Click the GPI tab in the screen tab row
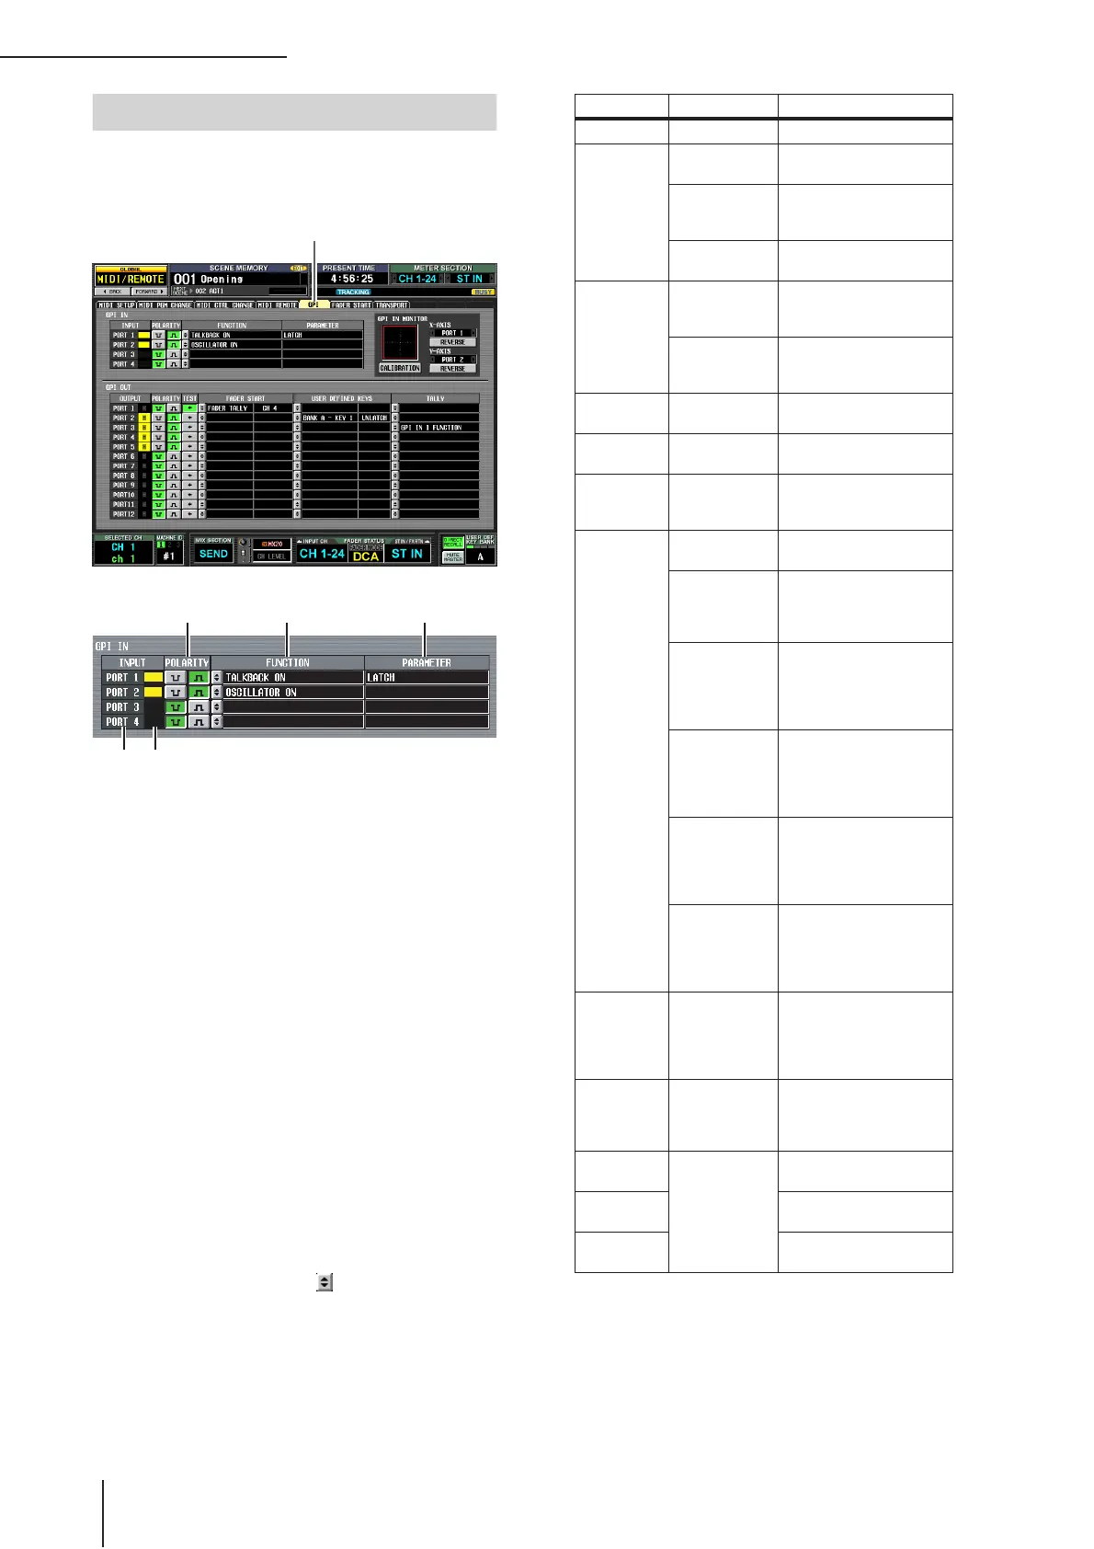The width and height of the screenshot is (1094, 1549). point(314,304)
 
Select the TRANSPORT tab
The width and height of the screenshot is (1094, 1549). point(392,304)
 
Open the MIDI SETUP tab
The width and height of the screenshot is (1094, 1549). point(116,304)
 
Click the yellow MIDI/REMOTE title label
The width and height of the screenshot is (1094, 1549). point(131,279)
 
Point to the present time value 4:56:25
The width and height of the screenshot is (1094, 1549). point(352,279)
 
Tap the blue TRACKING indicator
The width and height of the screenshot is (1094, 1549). point(353,293)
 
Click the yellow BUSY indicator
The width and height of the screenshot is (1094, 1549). point(484,292)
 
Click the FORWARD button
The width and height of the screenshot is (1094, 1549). point(150,292)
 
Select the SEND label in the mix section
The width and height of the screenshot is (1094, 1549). point(213,554)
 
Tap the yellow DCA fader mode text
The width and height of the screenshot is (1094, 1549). point(366,556)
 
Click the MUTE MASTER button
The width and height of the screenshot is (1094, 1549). point(453,556)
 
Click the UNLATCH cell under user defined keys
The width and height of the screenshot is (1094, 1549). point(374,418)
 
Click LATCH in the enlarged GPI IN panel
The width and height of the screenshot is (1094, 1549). point(382,678)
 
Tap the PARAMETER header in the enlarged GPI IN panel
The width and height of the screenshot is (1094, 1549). point(427,662)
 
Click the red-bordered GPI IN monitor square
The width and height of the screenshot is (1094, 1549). point(400,342)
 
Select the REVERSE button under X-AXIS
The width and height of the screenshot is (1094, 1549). point(452,342)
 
